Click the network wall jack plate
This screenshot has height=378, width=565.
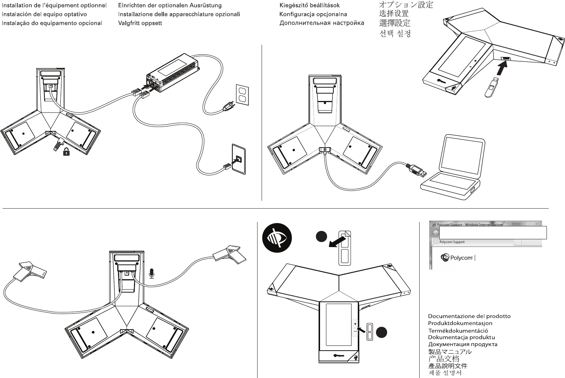click(238, 158)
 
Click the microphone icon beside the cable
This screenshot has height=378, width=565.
click(151, 273)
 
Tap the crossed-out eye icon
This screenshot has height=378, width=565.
click(277, 239)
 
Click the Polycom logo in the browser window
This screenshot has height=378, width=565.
click(458, 258)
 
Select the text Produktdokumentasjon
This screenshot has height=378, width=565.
click(460, 323)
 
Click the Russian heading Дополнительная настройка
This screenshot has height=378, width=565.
click(322, 23)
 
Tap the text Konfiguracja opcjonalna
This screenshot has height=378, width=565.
click(313, 14)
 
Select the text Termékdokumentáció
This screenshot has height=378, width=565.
click(458, 331)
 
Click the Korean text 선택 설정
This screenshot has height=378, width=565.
click(395, 34)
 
